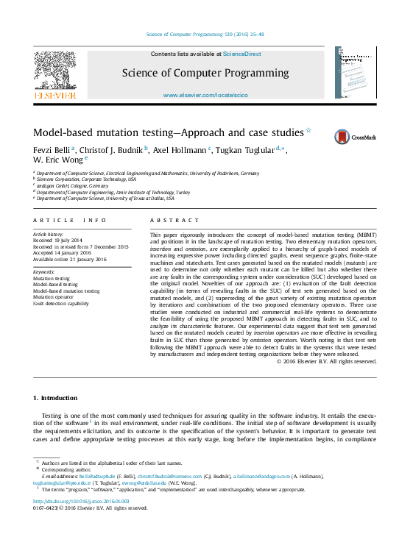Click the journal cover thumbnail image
(355, 73)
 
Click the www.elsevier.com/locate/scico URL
(205, 96)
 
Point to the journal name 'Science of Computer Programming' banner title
(205, 73)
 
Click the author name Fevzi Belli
(52, 149)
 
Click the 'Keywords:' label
(44, 272)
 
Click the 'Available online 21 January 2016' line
(70, 259)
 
